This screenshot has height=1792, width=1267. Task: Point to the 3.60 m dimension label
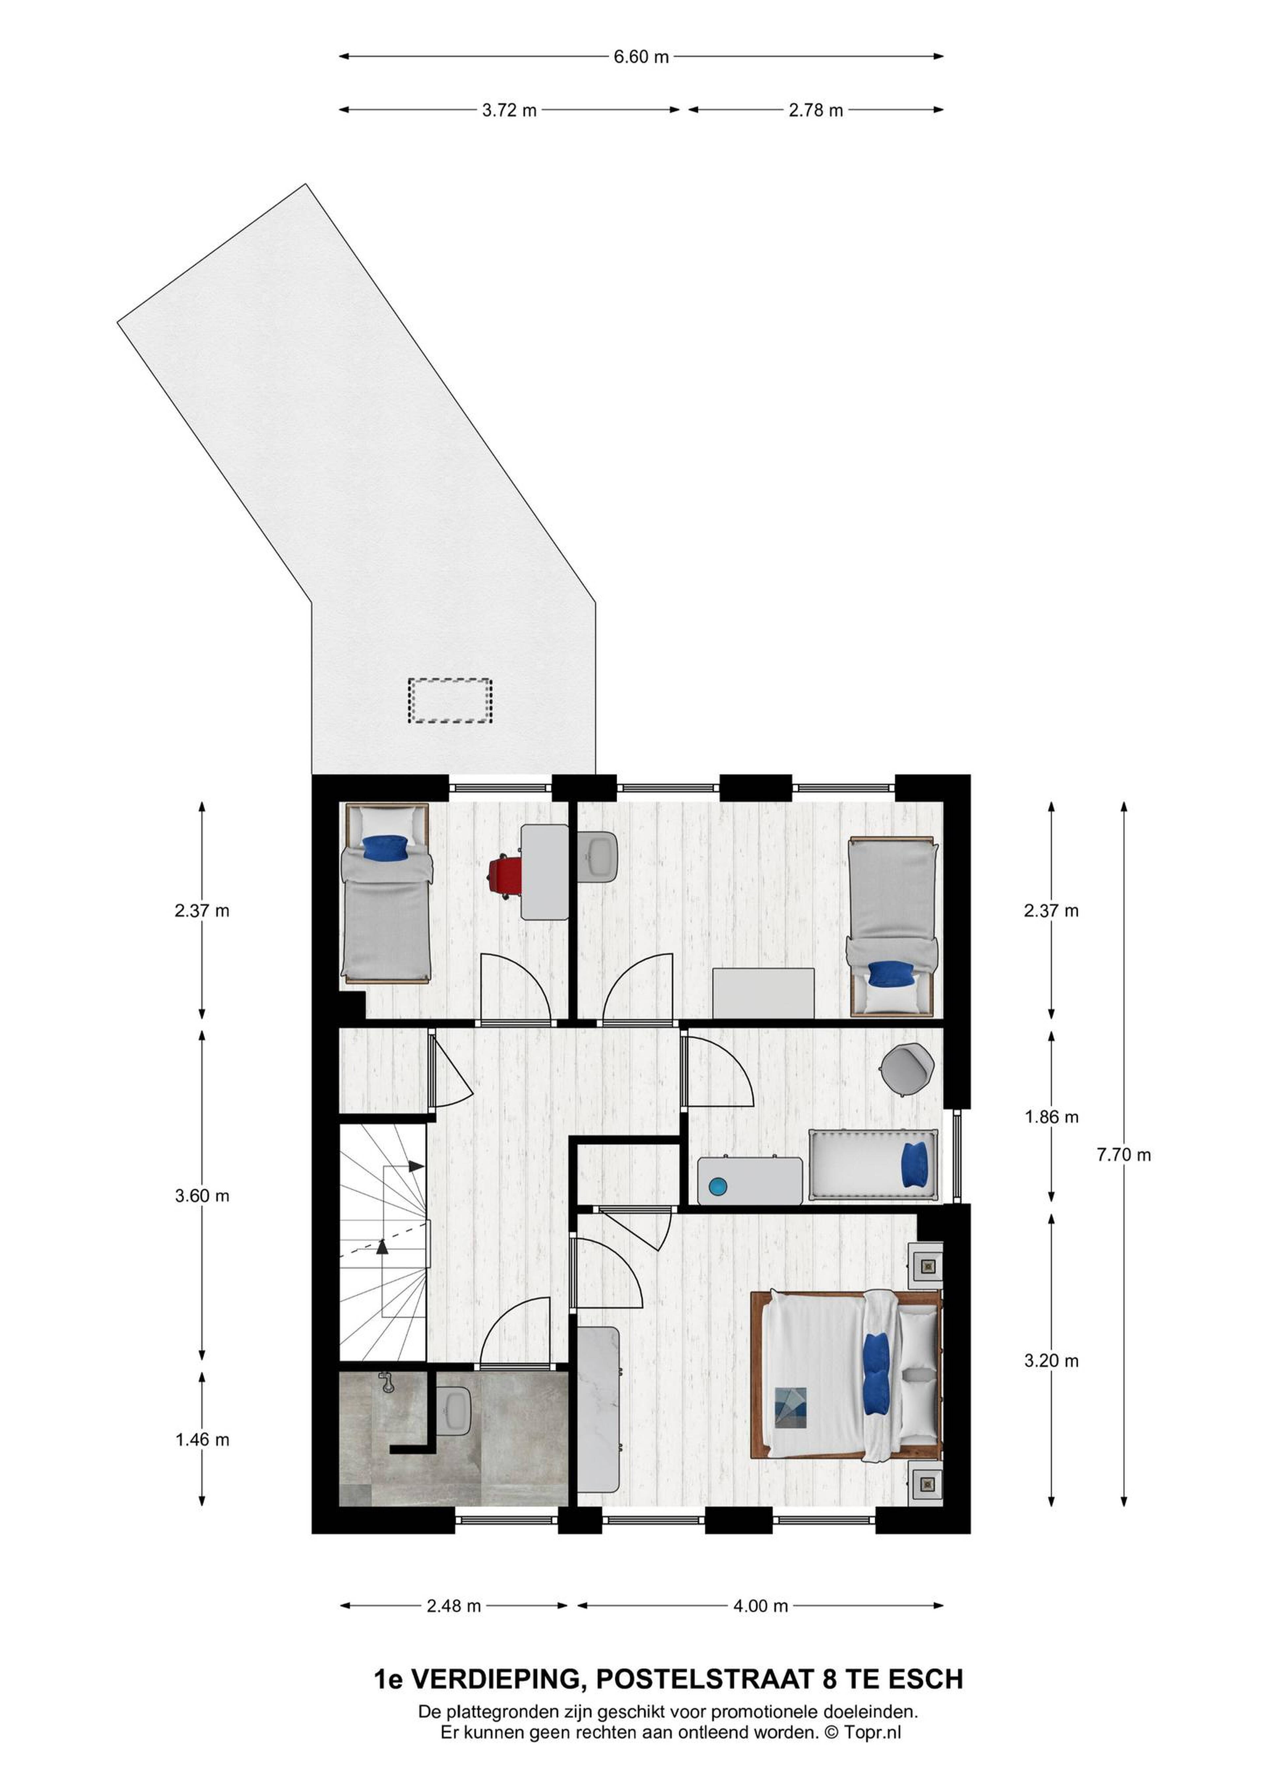[x=202, y=1196]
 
